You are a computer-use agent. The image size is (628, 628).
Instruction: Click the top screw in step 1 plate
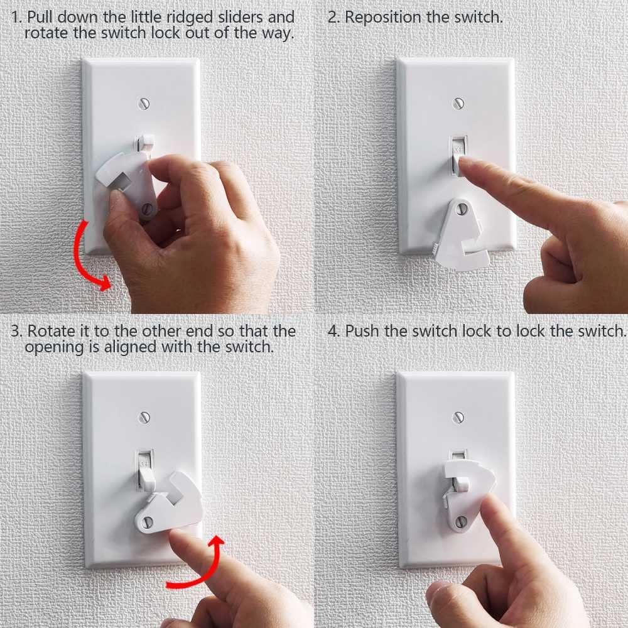click(144, 102)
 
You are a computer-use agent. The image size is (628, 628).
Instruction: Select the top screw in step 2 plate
click(458, 101)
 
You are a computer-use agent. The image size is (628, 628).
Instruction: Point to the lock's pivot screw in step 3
click(149, 521)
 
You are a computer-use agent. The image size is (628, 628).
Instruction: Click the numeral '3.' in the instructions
click(16, 331)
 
